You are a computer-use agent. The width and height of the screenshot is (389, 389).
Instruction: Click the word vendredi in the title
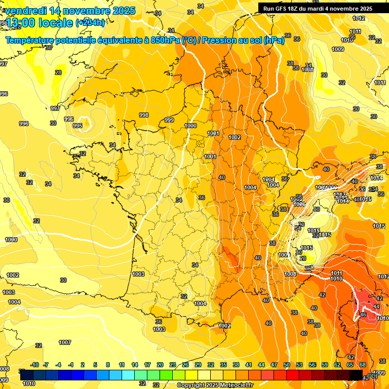pyautogui.click(x=25, y=11)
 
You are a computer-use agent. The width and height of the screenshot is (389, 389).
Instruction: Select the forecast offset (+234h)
pyautogui.click(x=90, y=23)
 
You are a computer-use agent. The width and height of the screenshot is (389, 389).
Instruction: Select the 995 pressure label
pyautogui.click(x=77, y=126)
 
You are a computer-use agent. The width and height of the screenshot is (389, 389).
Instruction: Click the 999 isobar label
pyautogui.click(x=169, y=120)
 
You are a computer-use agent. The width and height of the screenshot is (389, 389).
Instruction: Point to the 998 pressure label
pyautogui.click(x=144, y=115)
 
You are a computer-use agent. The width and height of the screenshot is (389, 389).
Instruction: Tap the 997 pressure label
pyautogui.click(x=55, y=108)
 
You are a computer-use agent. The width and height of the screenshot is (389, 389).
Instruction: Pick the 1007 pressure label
pyautogui.click(x=65, y=343)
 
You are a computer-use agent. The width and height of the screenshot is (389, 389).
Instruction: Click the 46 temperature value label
pyautogui.click(x=363, y=315)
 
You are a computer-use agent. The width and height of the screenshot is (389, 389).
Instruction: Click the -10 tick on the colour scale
pyautogui.click(x=35, y=365)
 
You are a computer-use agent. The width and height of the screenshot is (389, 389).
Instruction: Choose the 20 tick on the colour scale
pyautogui.click(x=160, y=365)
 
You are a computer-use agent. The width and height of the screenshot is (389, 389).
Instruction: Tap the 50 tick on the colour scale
pyautogui.click(x=287, y=365)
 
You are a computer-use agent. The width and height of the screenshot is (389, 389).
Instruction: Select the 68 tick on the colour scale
pyautogui.click(x=363, y=365)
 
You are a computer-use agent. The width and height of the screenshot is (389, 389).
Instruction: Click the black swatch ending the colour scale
pyautogui.click(x=356, y=375)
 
